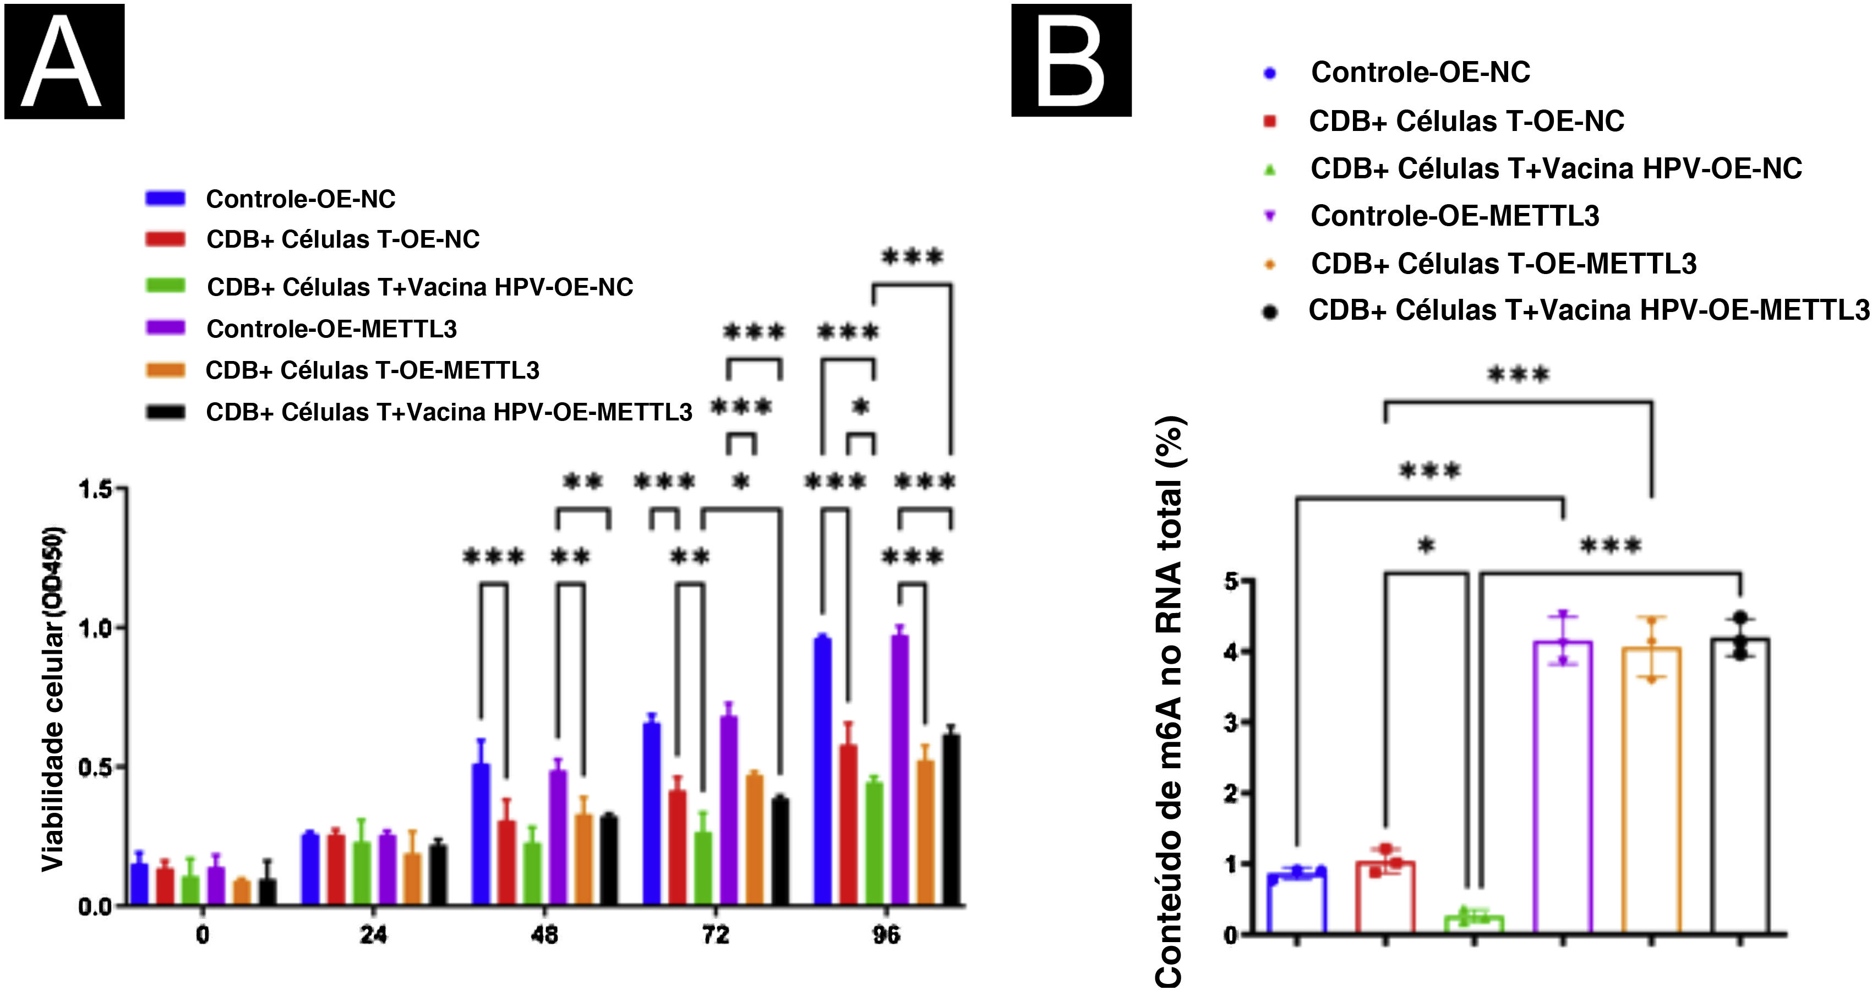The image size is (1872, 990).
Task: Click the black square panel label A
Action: point(64,61)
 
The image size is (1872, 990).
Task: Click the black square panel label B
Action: point(1071,61)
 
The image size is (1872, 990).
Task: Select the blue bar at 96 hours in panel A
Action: point(823,770)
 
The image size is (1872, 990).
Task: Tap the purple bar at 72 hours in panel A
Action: point(729,810)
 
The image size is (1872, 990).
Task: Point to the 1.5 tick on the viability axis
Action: point(96,490)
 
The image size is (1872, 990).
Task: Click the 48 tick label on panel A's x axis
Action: point(544,935)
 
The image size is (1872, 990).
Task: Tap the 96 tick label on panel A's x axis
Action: point(886,935)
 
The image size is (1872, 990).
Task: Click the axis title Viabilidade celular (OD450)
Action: point(52,699)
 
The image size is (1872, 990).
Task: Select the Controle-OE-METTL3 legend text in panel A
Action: point(331,329)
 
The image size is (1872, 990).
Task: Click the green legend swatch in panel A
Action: point(166,286)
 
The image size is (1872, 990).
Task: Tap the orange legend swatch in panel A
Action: point(166,370)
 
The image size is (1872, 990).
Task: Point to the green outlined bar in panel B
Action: point(1473,923)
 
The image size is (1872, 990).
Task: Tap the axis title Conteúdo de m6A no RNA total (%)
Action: point(1169,701)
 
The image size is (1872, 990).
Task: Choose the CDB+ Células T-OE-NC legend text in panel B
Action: point(1466,121)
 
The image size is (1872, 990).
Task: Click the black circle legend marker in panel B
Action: point(1270,311)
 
